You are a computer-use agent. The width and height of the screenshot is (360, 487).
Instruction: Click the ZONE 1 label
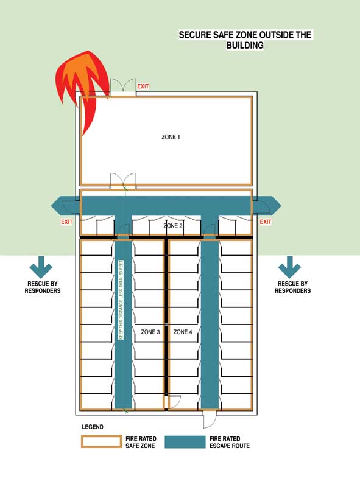click(171, 137)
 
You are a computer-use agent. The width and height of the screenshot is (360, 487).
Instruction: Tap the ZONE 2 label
click(173, 226)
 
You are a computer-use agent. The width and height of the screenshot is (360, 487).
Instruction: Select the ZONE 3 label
click(150, 332)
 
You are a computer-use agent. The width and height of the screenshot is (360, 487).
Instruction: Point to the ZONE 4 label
click(183, 332)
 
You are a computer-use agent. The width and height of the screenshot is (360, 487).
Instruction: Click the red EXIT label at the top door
click(143, 86)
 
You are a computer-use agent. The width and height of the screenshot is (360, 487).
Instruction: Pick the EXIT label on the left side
click(67, 222)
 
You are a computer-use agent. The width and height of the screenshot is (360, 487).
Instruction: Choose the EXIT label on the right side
click(266, 222)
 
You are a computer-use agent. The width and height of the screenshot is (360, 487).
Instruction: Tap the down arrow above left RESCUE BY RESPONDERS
click(41, 267)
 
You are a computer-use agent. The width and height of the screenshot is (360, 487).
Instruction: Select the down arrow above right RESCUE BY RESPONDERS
click(289, 267)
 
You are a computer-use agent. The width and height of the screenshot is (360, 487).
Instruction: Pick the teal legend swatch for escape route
click(185, 442)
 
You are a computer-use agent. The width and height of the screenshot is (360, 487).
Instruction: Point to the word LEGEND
click(93, 427)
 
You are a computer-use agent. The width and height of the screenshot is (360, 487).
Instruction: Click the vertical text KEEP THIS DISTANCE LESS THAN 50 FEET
click(121, 300)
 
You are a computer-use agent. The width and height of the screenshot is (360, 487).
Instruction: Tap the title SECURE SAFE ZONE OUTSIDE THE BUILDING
click(245, 40)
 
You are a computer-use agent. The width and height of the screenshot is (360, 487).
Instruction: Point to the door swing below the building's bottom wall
click(209, 419)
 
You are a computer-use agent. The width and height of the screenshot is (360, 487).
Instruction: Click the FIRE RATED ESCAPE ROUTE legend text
click(230, 442)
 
